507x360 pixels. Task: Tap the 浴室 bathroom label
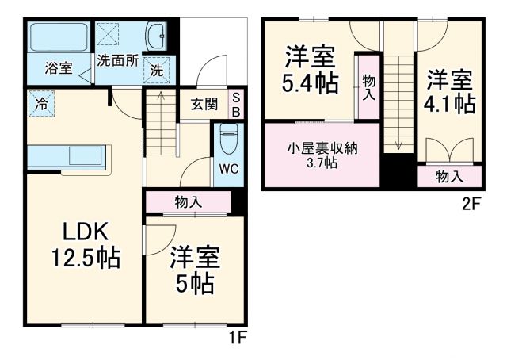coord(59,68)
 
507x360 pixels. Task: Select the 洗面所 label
coord(119,59)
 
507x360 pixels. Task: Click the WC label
coord(227,168)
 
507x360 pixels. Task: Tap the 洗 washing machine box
coord(157,70)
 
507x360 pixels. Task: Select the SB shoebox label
coord(235,105)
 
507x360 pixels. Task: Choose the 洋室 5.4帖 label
coord(310,69)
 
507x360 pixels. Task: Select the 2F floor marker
coord(472,203)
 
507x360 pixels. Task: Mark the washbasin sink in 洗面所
coord(157,36)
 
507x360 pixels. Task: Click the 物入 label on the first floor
coord(188,202)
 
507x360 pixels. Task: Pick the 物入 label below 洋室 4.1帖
coord(449,177)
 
